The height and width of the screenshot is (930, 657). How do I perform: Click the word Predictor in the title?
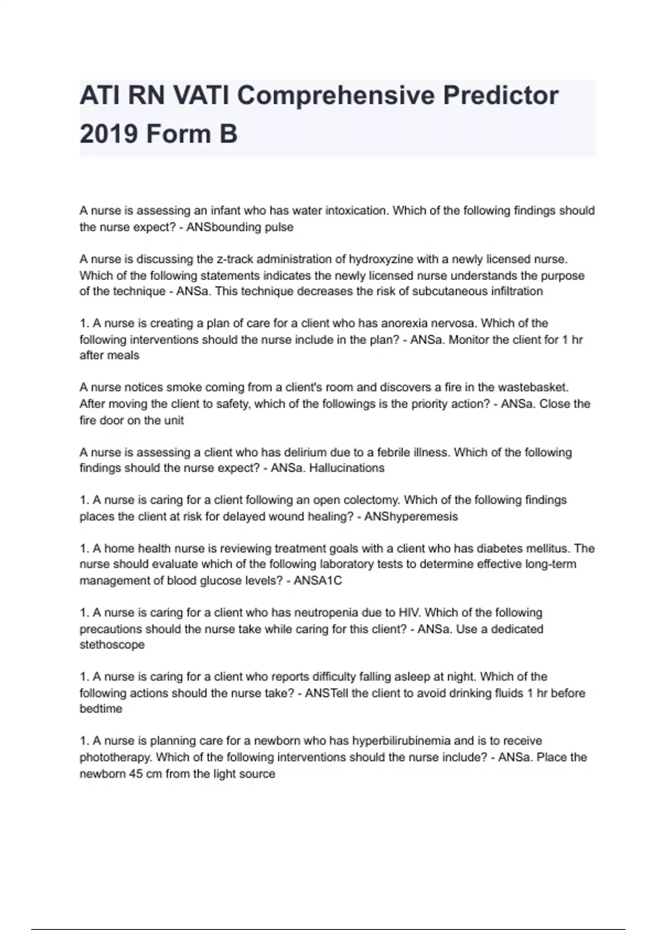point(500,96)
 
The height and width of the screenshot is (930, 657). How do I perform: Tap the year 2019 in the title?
point(107,134)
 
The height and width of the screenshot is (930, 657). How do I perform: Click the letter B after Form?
point(228,134)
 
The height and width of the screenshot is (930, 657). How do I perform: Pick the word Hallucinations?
point(347,468)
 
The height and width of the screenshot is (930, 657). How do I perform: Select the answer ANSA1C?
point(318,580)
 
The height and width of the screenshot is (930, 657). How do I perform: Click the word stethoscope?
point(112,644)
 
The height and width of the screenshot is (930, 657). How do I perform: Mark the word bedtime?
point(101,709)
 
